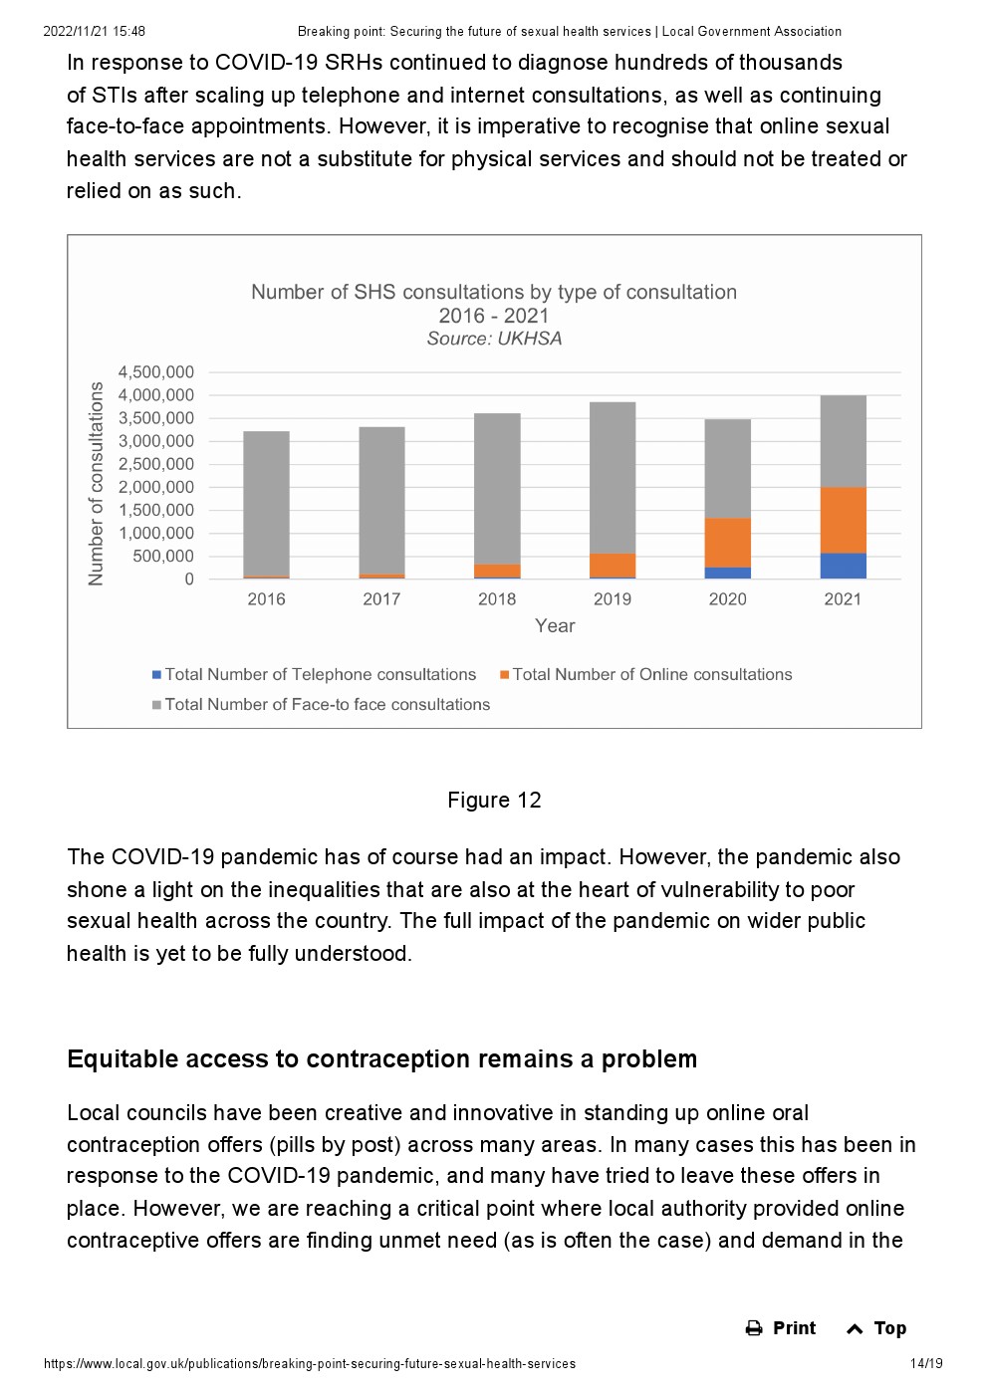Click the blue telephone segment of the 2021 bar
click(843, 566)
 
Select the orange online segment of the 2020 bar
click(727, 543)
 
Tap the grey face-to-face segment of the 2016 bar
click(266, 503)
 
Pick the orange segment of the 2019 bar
click(613, 565)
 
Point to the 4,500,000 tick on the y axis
click(156, 372)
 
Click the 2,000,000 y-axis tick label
click(156, 487)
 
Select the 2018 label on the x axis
click(497, 599)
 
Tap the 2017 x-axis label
click(381, 599)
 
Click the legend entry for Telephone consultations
click(315, 674)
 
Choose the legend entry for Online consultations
click(646, 674)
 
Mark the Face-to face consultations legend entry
click(322, 704)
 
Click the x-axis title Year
click(555, 625)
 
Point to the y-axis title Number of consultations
click(96, 484)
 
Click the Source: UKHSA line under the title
click(494, 339)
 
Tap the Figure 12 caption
click(494, 801)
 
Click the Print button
click(780, 1327)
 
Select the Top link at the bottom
click(876, 1327)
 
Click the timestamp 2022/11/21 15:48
click(95, 31)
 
